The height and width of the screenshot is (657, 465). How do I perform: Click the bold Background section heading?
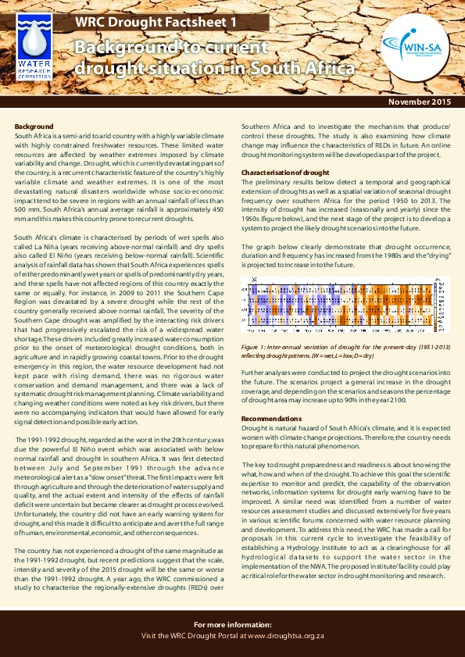point(34,126)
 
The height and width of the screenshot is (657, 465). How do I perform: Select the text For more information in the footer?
point(233,625)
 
